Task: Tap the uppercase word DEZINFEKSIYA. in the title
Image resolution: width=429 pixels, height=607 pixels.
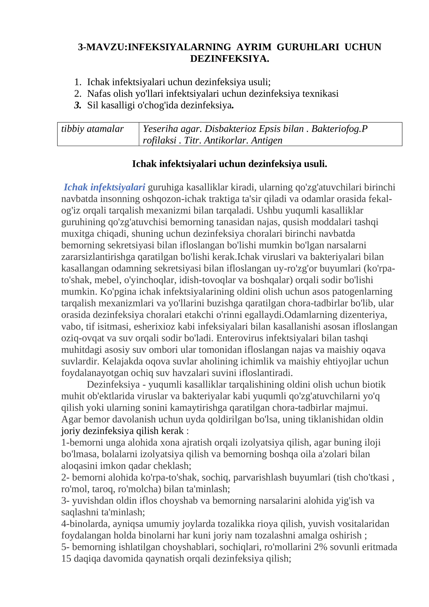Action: point(230,59)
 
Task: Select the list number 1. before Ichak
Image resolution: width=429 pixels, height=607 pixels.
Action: point(78,82)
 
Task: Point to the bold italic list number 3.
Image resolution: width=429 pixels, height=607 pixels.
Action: point(78,105)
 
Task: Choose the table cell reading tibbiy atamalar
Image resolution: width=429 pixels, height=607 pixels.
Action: point(93,129)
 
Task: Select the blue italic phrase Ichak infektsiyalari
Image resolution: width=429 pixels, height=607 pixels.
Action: point(104,187)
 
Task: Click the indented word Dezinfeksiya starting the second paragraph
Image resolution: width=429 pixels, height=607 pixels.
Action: point(113,384)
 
